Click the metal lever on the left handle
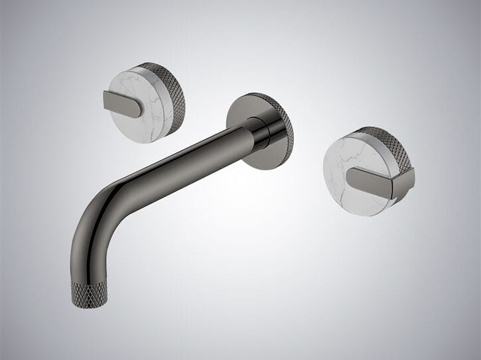[122, 103]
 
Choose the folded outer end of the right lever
[405, 182]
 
